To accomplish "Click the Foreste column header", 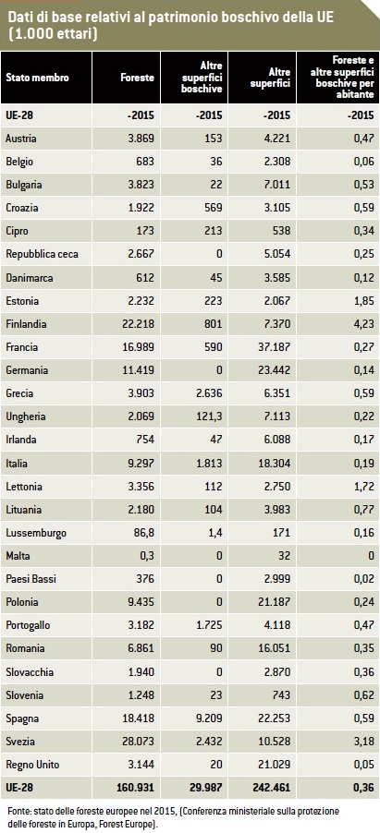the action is pos(138,78).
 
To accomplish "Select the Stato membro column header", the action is pos(37,78).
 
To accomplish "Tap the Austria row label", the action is pos(21,139).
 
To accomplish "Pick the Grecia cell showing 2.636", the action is pos(208,393).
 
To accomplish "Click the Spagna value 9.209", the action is pos(208,718).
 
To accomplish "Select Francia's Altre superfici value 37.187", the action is pos(274,347).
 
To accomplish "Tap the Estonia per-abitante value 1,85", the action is pos(363,301).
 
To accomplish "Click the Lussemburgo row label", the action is pos(36,533).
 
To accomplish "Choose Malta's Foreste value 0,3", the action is pos(147,556).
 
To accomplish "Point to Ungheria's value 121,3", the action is pos(210,417).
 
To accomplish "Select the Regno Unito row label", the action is pos(32,765).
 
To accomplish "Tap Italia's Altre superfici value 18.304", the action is pos(274,464).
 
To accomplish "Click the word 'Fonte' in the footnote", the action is pos(19,812).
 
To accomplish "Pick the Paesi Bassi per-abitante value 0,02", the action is pos(363,580).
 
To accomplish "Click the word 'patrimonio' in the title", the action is pos(181,18).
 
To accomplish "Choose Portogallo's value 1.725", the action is pos(208,626).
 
